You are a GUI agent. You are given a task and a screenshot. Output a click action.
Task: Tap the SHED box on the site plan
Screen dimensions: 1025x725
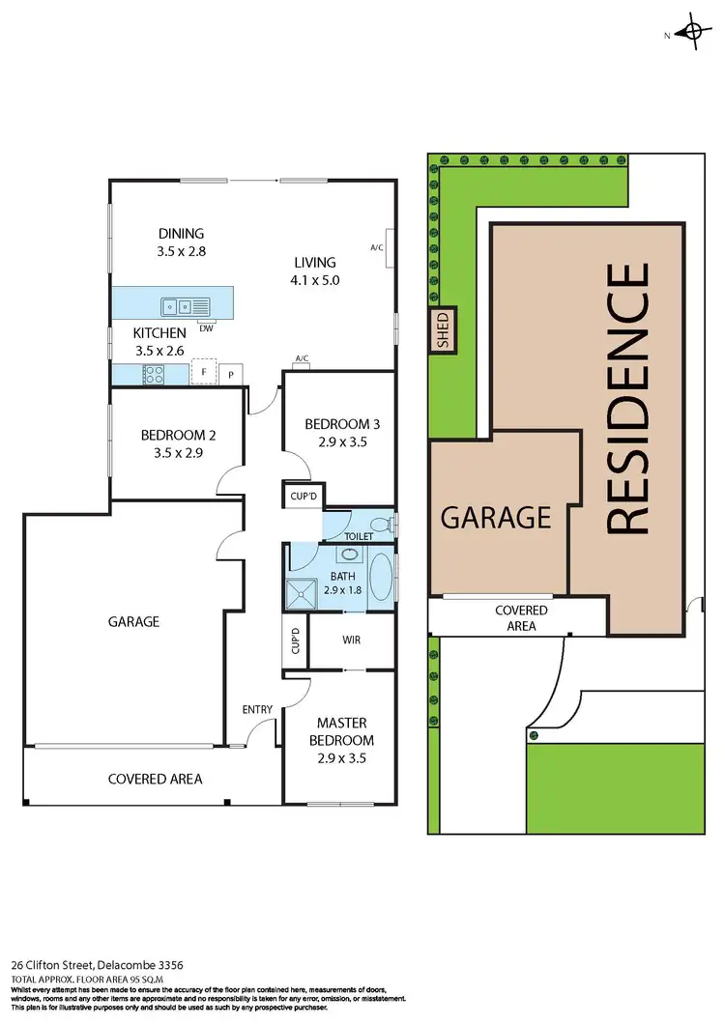(x=444, y=329)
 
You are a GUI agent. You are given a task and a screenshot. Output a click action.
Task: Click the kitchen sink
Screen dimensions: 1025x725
(x=177, y=307)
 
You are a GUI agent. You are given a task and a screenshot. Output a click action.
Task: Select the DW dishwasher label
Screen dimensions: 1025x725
(x=206, y=328)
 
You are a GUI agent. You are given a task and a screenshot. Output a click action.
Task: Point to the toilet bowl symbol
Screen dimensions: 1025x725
(x=385, y=526)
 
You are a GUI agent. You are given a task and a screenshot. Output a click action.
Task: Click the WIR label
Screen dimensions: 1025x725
(x=352, y=640)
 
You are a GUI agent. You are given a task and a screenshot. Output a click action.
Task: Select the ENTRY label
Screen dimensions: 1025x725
(x=257, y=710)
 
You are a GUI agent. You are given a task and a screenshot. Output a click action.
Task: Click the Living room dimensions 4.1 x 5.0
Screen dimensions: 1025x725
(x=316, y=280)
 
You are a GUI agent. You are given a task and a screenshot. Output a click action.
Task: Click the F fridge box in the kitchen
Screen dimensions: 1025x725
(x=203, y=372)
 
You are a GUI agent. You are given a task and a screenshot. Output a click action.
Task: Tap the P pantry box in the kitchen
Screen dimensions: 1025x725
(x=232, y=373)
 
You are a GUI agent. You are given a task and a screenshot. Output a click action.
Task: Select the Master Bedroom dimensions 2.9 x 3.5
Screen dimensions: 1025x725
(x=341, y=758)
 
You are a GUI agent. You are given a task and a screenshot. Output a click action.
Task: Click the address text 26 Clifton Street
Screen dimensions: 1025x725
(x=78, y=964)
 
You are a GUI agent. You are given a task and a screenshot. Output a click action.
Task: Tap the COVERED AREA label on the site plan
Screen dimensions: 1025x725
(x=521, y=618)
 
